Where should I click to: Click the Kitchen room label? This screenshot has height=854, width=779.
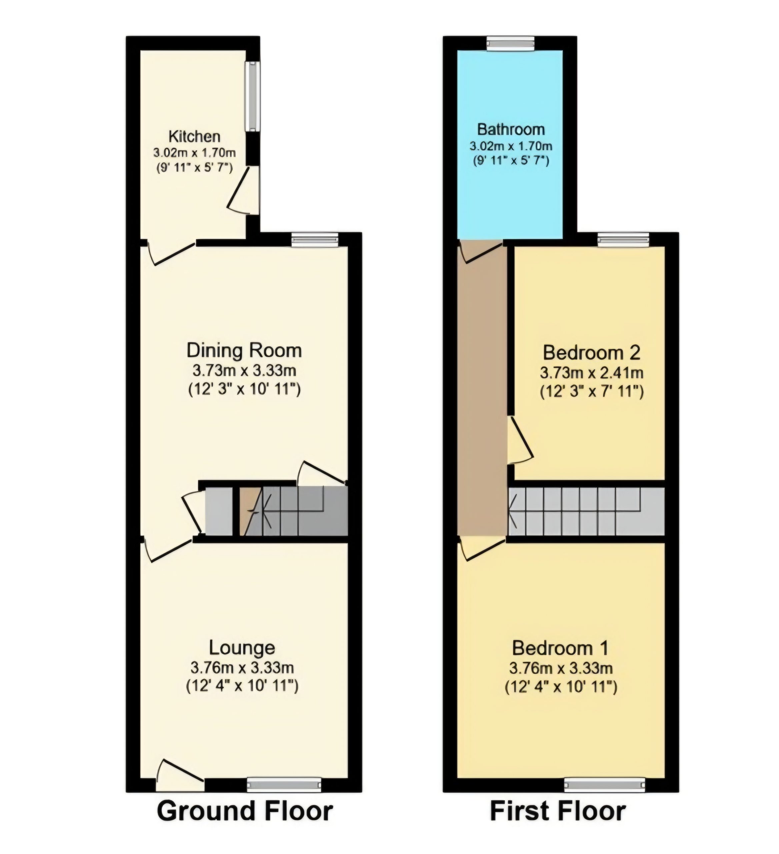click(195, 136)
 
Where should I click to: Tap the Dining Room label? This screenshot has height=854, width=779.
click(244, 351)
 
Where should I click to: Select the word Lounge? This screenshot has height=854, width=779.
click(242, 648)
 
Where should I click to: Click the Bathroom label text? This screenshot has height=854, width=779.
click(511, 129)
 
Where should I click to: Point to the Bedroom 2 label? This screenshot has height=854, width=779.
click(592, 353)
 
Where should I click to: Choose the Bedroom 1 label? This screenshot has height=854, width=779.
click(561, 648)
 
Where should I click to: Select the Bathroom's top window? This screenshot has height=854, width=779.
click(510, 43)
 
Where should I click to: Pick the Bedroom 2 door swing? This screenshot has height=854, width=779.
click(520, 440)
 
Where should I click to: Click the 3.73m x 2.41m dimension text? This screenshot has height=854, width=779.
click(592, 373)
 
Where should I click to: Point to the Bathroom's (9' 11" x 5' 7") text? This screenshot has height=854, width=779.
click(511, 160)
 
